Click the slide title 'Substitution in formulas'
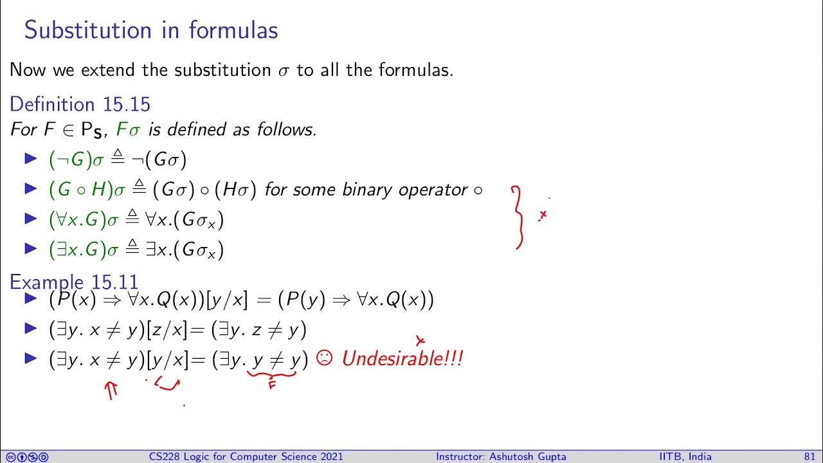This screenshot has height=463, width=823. (x=151, y=30)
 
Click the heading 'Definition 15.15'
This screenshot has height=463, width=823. (x=80, y=104)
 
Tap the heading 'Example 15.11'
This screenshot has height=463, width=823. (x=74, y=282)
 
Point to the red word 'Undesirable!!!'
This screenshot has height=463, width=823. (x=402, y=359)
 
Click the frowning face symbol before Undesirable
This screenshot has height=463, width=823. (x=325, y=359)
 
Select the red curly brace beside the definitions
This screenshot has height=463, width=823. (x=518, y=217)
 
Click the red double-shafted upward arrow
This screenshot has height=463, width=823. (x=113, y=390)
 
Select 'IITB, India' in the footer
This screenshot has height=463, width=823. (x=685, y=457)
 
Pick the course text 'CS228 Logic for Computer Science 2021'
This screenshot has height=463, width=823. (x=244, y=457)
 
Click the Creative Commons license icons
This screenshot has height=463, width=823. (x=26, y=457)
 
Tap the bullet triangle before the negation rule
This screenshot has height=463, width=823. (x=31, y=159)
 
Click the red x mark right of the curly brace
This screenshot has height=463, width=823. (x=543, y=215)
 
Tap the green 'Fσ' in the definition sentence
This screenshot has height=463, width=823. (x=129, y=129)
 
